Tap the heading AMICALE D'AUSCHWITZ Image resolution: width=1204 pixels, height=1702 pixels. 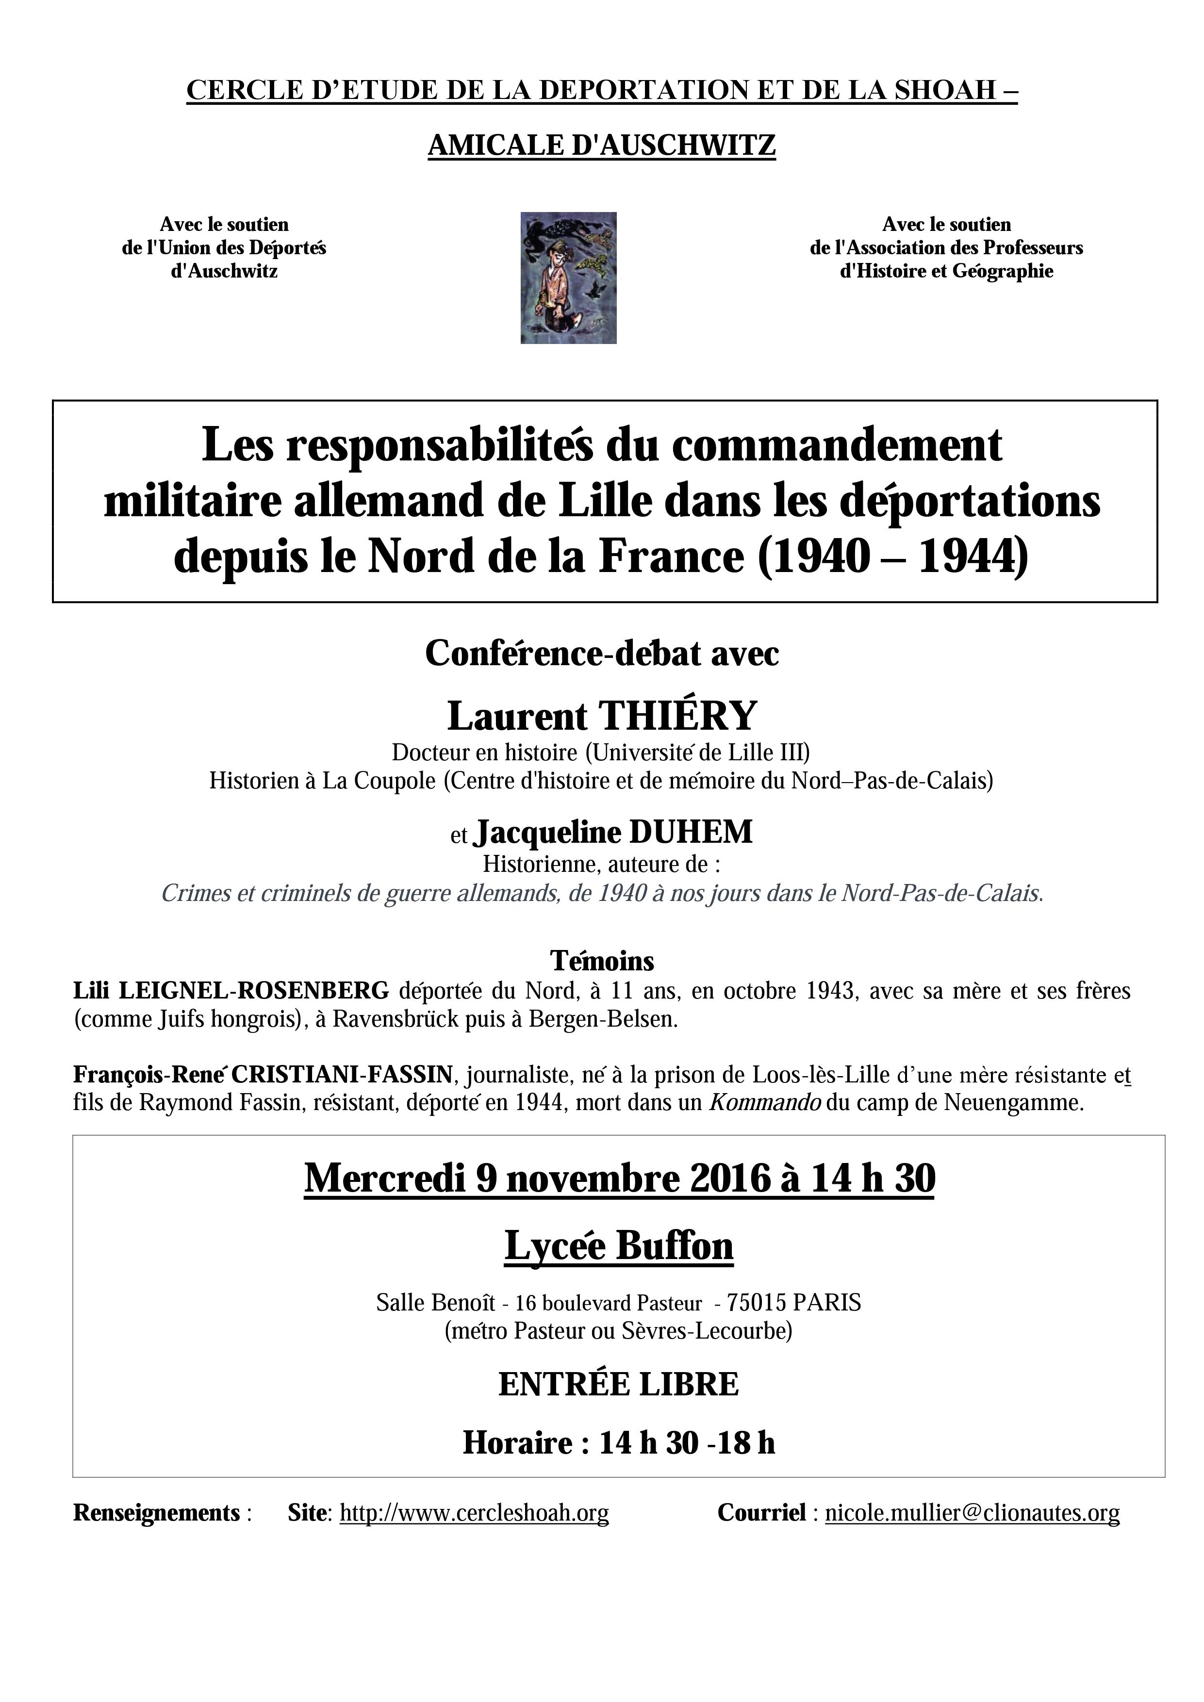pos(601,145)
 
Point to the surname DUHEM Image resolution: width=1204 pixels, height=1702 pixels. pos(690,832)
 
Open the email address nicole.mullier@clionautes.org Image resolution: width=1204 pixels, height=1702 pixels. pos(972,1512)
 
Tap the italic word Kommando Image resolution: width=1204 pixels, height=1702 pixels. pos(764,1102)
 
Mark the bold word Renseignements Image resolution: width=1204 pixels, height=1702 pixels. pos(156,1512)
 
